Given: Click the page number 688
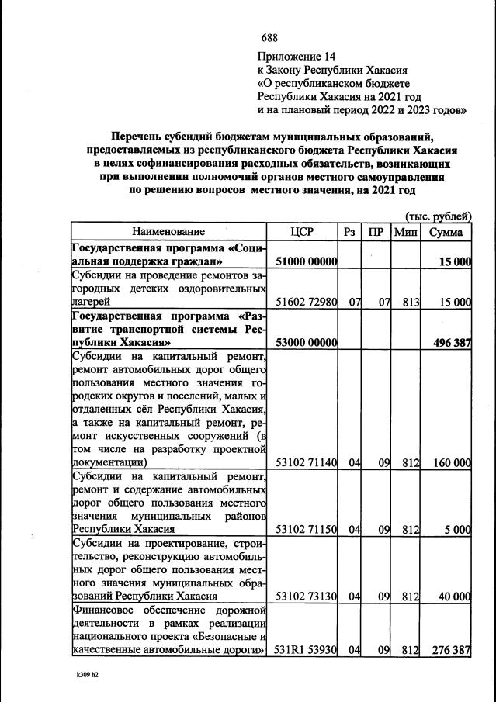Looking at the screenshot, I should (269, 38).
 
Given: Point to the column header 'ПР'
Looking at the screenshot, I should (376, 231).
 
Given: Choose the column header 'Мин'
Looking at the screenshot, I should (406, 231).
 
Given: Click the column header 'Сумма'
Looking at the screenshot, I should (446, 231).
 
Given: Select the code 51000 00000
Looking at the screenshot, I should (306, 262).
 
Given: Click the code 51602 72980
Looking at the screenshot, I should (306, 302).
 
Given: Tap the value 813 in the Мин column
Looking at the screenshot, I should (410, 302).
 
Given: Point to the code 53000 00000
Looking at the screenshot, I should (306, 342).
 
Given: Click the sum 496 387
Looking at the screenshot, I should (449, 342).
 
